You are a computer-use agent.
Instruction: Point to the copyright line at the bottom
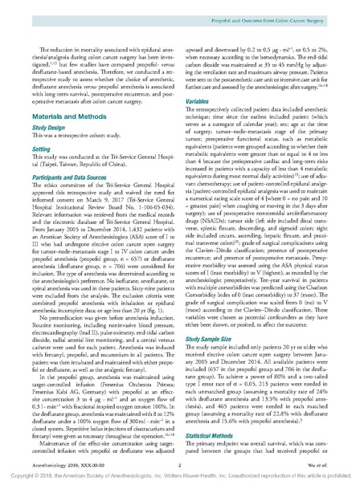tap(180, 472)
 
